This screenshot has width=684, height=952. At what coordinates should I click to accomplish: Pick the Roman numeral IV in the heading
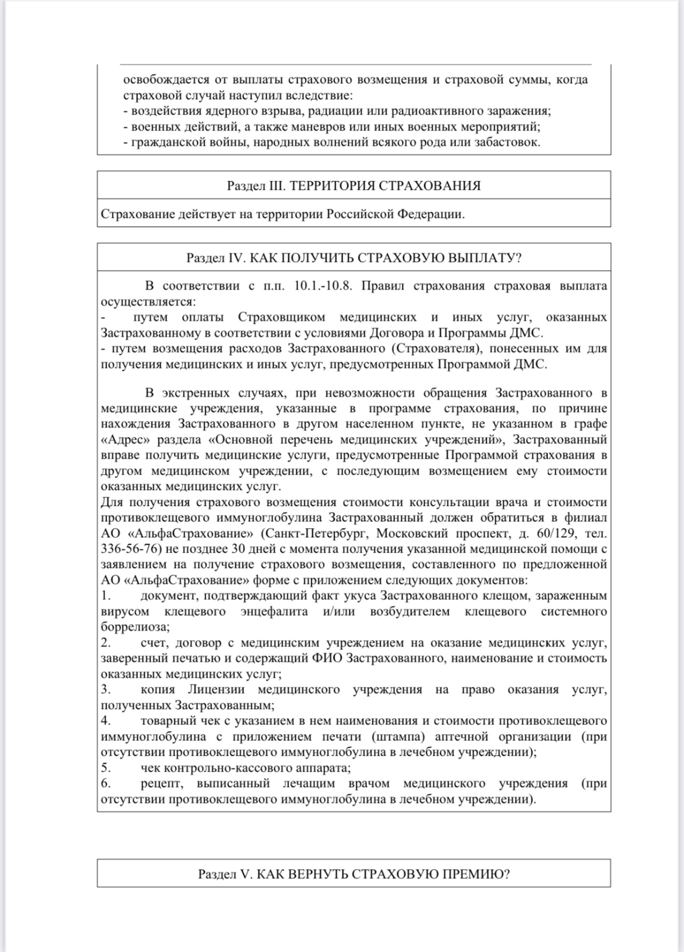[237, 258]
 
